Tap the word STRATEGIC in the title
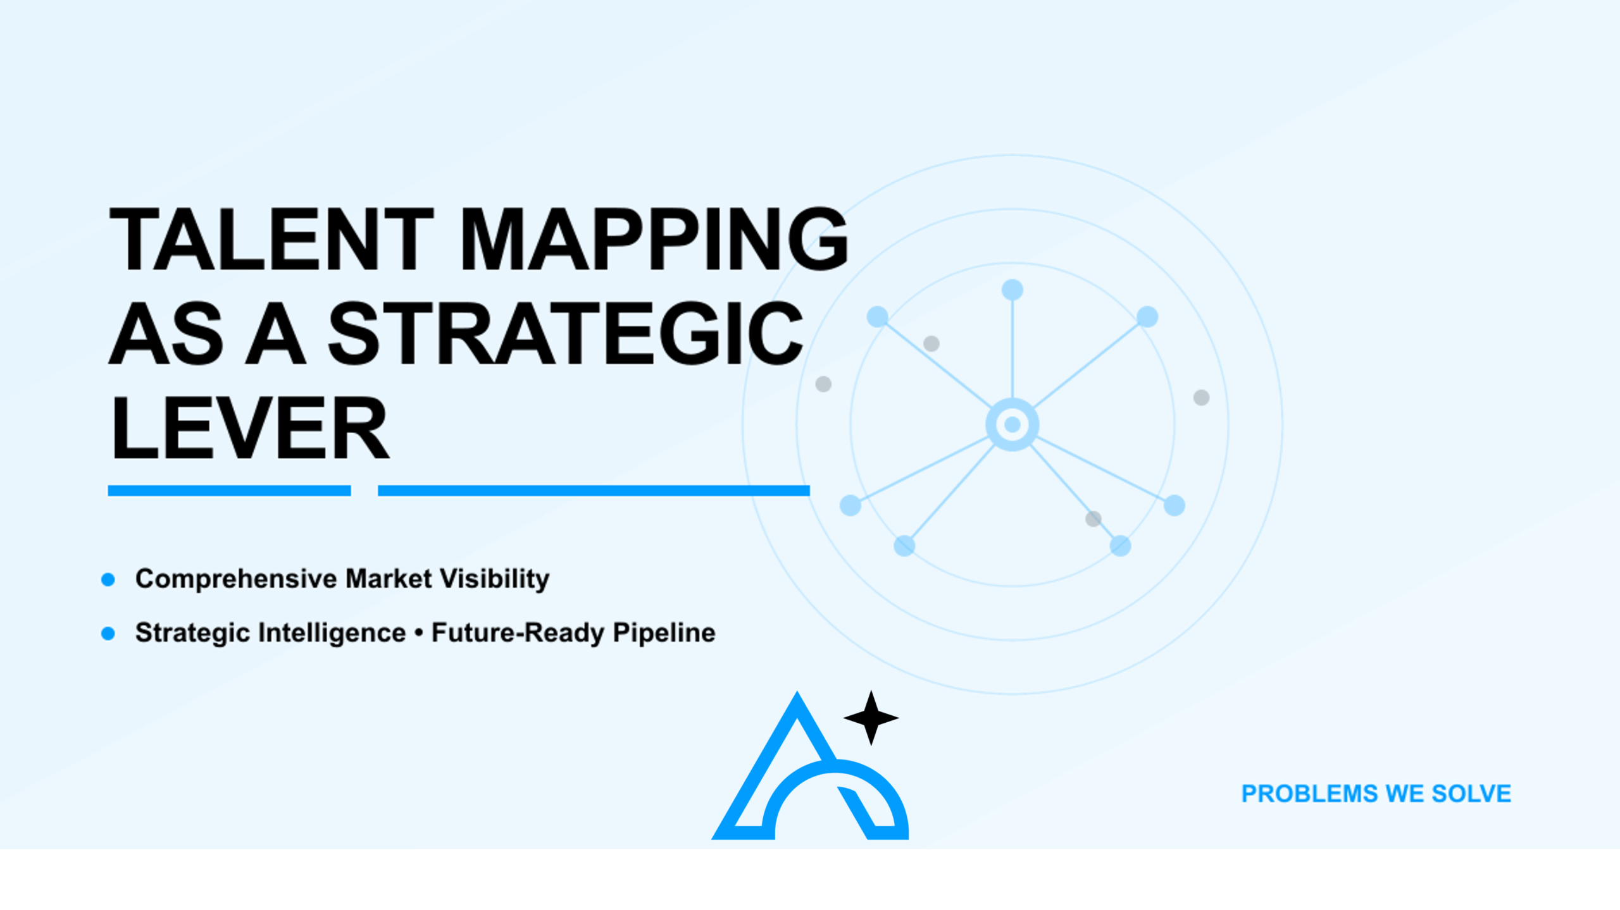point(565,333)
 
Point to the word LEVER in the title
point(250,427)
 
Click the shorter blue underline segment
point(229,491)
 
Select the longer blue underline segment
point(594,491)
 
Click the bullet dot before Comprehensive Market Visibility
point(108,579)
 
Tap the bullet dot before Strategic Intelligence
point(108,633)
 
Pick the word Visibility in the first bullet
point(494,579)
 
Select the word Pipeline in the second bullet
point(664,633)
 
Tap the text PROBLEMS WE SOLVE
point(1376,794)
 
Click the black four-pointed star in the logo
point(871,718)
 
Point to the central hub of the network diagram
point(1012,424)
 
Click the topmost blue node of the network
point(1012,290)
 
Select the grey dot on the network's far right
point(1201,398)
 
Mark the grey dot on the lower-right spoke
point(1093,519)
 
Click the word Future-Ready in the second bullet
point(518,633)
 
